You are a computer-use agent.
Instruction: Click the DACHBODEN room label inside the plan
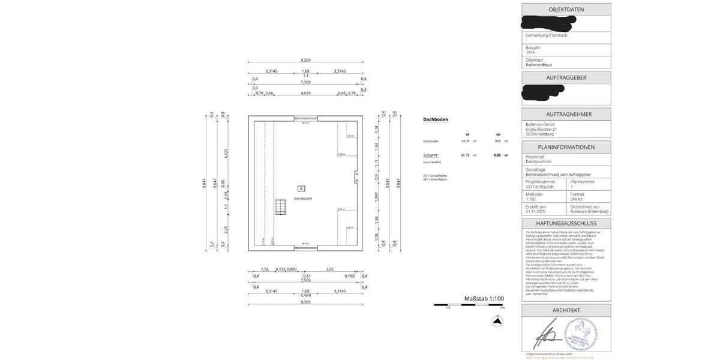coord(302,199)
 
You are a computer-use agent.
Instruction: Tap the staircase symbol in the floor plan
coord(281,207)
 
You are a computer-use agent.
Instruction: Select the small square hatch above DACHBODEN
coord(301,188)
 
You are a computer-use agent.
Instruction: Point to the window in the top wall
coord(305,119)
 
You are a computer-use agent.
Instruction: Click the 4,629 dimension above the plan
coord(305,93)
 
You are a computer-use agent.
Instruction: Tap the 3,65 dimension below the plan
coord(329,269)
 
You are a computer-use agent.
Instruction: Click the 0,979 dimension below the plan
coord(305,295)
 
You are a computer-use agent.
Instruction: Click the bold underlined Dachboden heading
coord(436,119)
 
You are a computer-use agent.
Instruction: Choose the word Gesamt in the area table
coord(430,155)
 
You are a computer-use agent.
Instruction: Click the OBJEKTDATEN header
coord(566,10)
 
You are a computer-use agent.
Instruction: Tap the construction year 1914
coord(530,52)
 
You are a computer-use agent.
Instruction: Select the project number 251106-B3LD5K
coord(540,187)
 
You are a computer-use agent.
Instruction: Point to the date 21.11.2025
coord(536,212)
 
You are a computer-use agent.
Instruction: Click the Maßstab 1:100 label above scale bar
coord(484,298)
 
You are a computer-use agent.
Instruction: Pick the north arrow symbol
coord(497,321)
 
